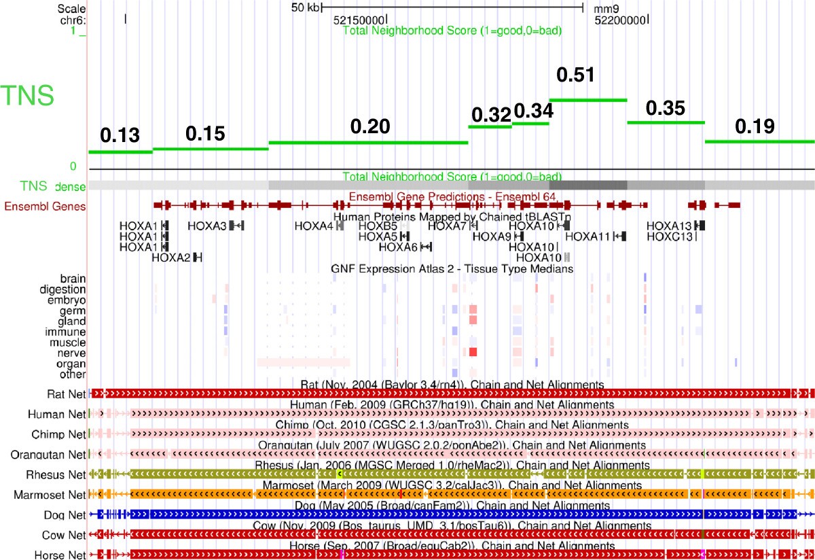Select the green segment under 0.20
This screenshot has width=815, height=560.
click(x=369, y=142)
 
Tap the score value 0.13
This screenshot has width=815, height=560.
click(x=120, y=136)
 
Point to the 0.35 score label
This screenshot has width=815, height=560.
click(x=666, y=108)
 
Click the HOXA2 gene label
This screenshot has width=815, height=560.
click(x=171, y=257)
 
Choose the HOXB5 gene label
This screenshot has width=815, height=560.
click(x=378, y=226)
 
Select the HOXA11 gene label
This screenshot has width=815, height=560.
click(x=587, y=236)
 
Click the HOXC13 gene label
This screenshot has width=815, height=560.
click(x=670, y=236)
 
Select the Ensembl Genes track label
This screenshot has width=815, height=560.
click(x=46, y=207)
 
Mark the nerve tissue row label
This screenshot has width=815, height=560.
click(x=71, y=353)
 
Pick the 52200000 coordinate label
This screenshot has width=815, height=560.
click(x=619, y=20)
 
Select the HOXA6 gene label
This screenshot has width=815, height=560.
click(x=399, y=247)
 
